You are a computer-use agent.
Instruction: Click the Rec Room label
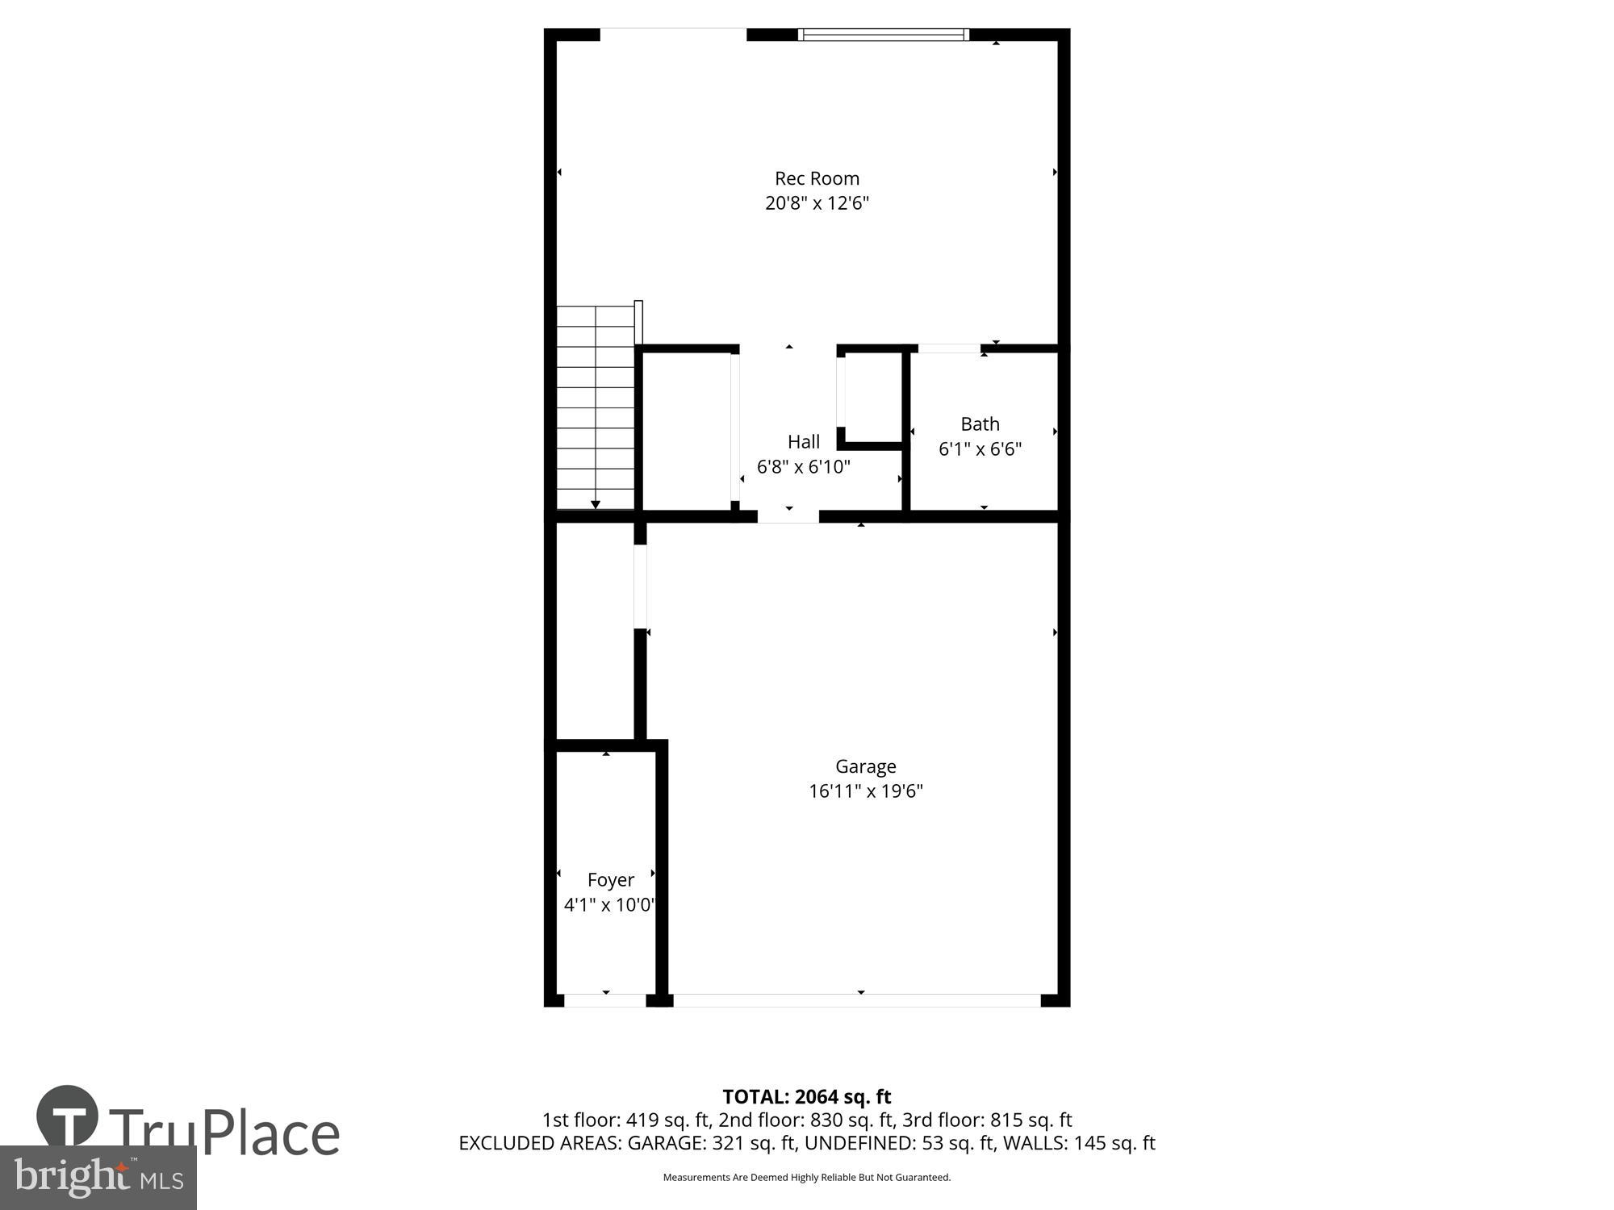pyautogui.click(x=817, y=178)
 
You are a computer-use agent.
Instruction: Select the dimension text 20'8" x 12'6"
pyautogui.click(x=817, y=202)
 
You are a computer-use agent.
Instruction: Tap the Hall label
pyautogui.click(x=803, y=441)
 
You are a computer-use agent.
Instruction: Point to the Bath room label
pyautogui.click(x=980, y=423)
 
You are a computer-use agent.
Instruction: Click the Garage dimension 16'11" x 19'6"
pyautogui.click(x=865, y=791)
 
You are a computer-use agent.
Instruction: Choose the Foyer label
pyautogui.click(x=610, y=879)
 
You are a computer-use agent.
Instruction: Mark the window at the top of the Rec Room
pyautogui.click(x=884, y=34)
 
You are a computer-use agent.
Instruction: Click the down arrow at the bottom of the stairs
pyautogui.click(x=596, y=504)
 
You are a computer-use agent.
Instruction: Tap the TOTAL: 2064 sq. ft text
pyautogui.click(x=806, y=1096)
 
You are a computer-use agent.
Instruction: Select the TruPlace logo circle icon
pyautogui.click(x=67, y=1116)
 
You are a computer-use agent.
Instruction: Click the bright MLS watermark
pyautogui.click(x=98, y=1178)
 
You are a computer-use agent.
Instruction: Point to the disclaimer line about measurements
pyautogui.click(x=806, y=1177)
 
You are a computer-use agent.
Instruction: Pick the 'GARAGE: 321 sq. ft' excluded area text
pyautogui.click(x=713, y=1143)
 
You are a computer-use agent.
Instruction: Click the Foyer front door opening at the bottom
pyautogui.click(x=605, y=1000)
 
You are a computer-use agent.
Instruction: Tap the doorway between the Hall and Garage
pyautogui.click(x=788, y=516)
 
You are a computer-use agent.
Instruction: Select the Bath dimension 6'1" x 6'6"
pyautogui.click(x=980, y=449)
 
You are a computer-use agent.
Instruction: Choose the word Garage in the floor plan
pyautogui.click(x=865, y=766)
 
